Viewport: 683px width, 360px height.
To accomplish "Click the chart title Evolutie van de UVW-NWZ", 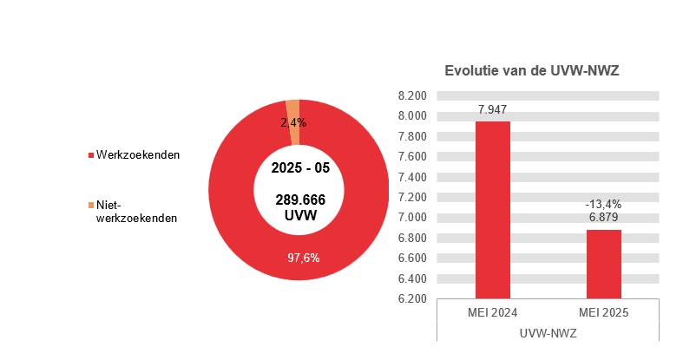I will point(531,71).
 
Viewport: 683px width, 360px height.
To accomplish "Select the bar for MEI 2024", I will point(492,209).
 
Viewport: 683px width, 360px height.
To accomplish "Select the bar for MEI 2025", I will point(603,264).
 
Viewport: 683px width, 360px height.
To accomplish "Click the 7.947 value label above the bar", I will point(492,110).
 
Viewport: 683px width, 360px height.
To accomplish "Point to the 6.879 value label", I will point(603,219).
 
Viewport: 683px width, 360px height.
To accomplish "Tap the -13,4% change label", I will point(603,205).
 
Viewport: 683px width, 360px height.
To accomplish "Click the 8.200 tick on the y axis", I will point(412,95).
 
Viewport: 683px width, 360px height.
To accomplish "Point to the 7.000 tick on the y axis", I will point(412,218).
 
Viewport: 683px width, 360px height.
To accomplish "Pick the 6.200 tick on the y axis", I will point(412,299).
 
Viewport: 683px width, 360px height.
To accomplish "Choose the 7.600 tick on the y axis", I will point(412,157).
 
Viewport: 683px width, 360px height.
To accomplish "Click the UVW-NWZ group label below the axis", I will point(548,332).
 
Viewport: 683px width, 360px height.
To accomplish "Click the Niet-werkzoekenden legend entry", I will point(135,212).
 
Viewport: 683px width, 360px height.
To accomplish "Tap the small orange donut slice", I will point(294,134).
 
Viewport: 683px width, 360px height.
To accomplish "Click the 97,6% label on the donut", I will point(304,257).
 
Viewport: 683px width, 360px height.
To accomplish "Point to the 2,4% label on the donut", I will point(292,123).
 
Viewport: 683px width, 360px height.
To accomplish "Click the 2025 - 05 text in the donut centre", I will point(299,167).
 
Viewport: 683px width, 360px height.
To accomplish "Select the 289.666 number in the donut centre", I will point(299,200).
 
